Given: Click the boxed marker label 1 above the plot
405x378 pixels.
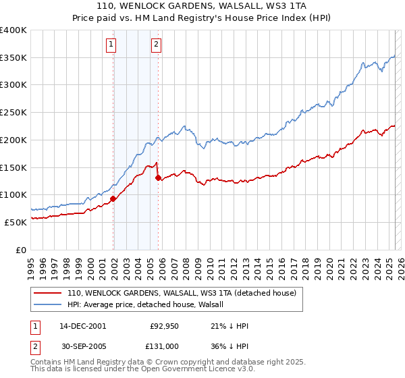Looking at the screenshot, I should coord(111,45).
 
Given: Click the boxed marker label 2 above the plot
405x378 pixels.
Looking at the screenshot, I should coord(156,45).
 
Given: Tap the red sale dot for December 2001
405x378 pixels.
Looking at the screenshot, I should coord(113,198).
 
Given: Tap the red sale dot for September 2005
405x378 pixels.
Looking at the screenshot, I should coord(158,178).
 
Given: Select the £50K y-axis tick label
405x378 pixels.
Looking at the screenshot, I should coord(17,222).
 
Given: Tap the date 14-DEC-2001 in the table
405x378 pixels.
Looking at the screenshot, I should coord(82,326).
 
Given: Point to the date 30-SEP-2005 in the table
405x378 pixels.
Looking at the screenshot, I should coord(82,347).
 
